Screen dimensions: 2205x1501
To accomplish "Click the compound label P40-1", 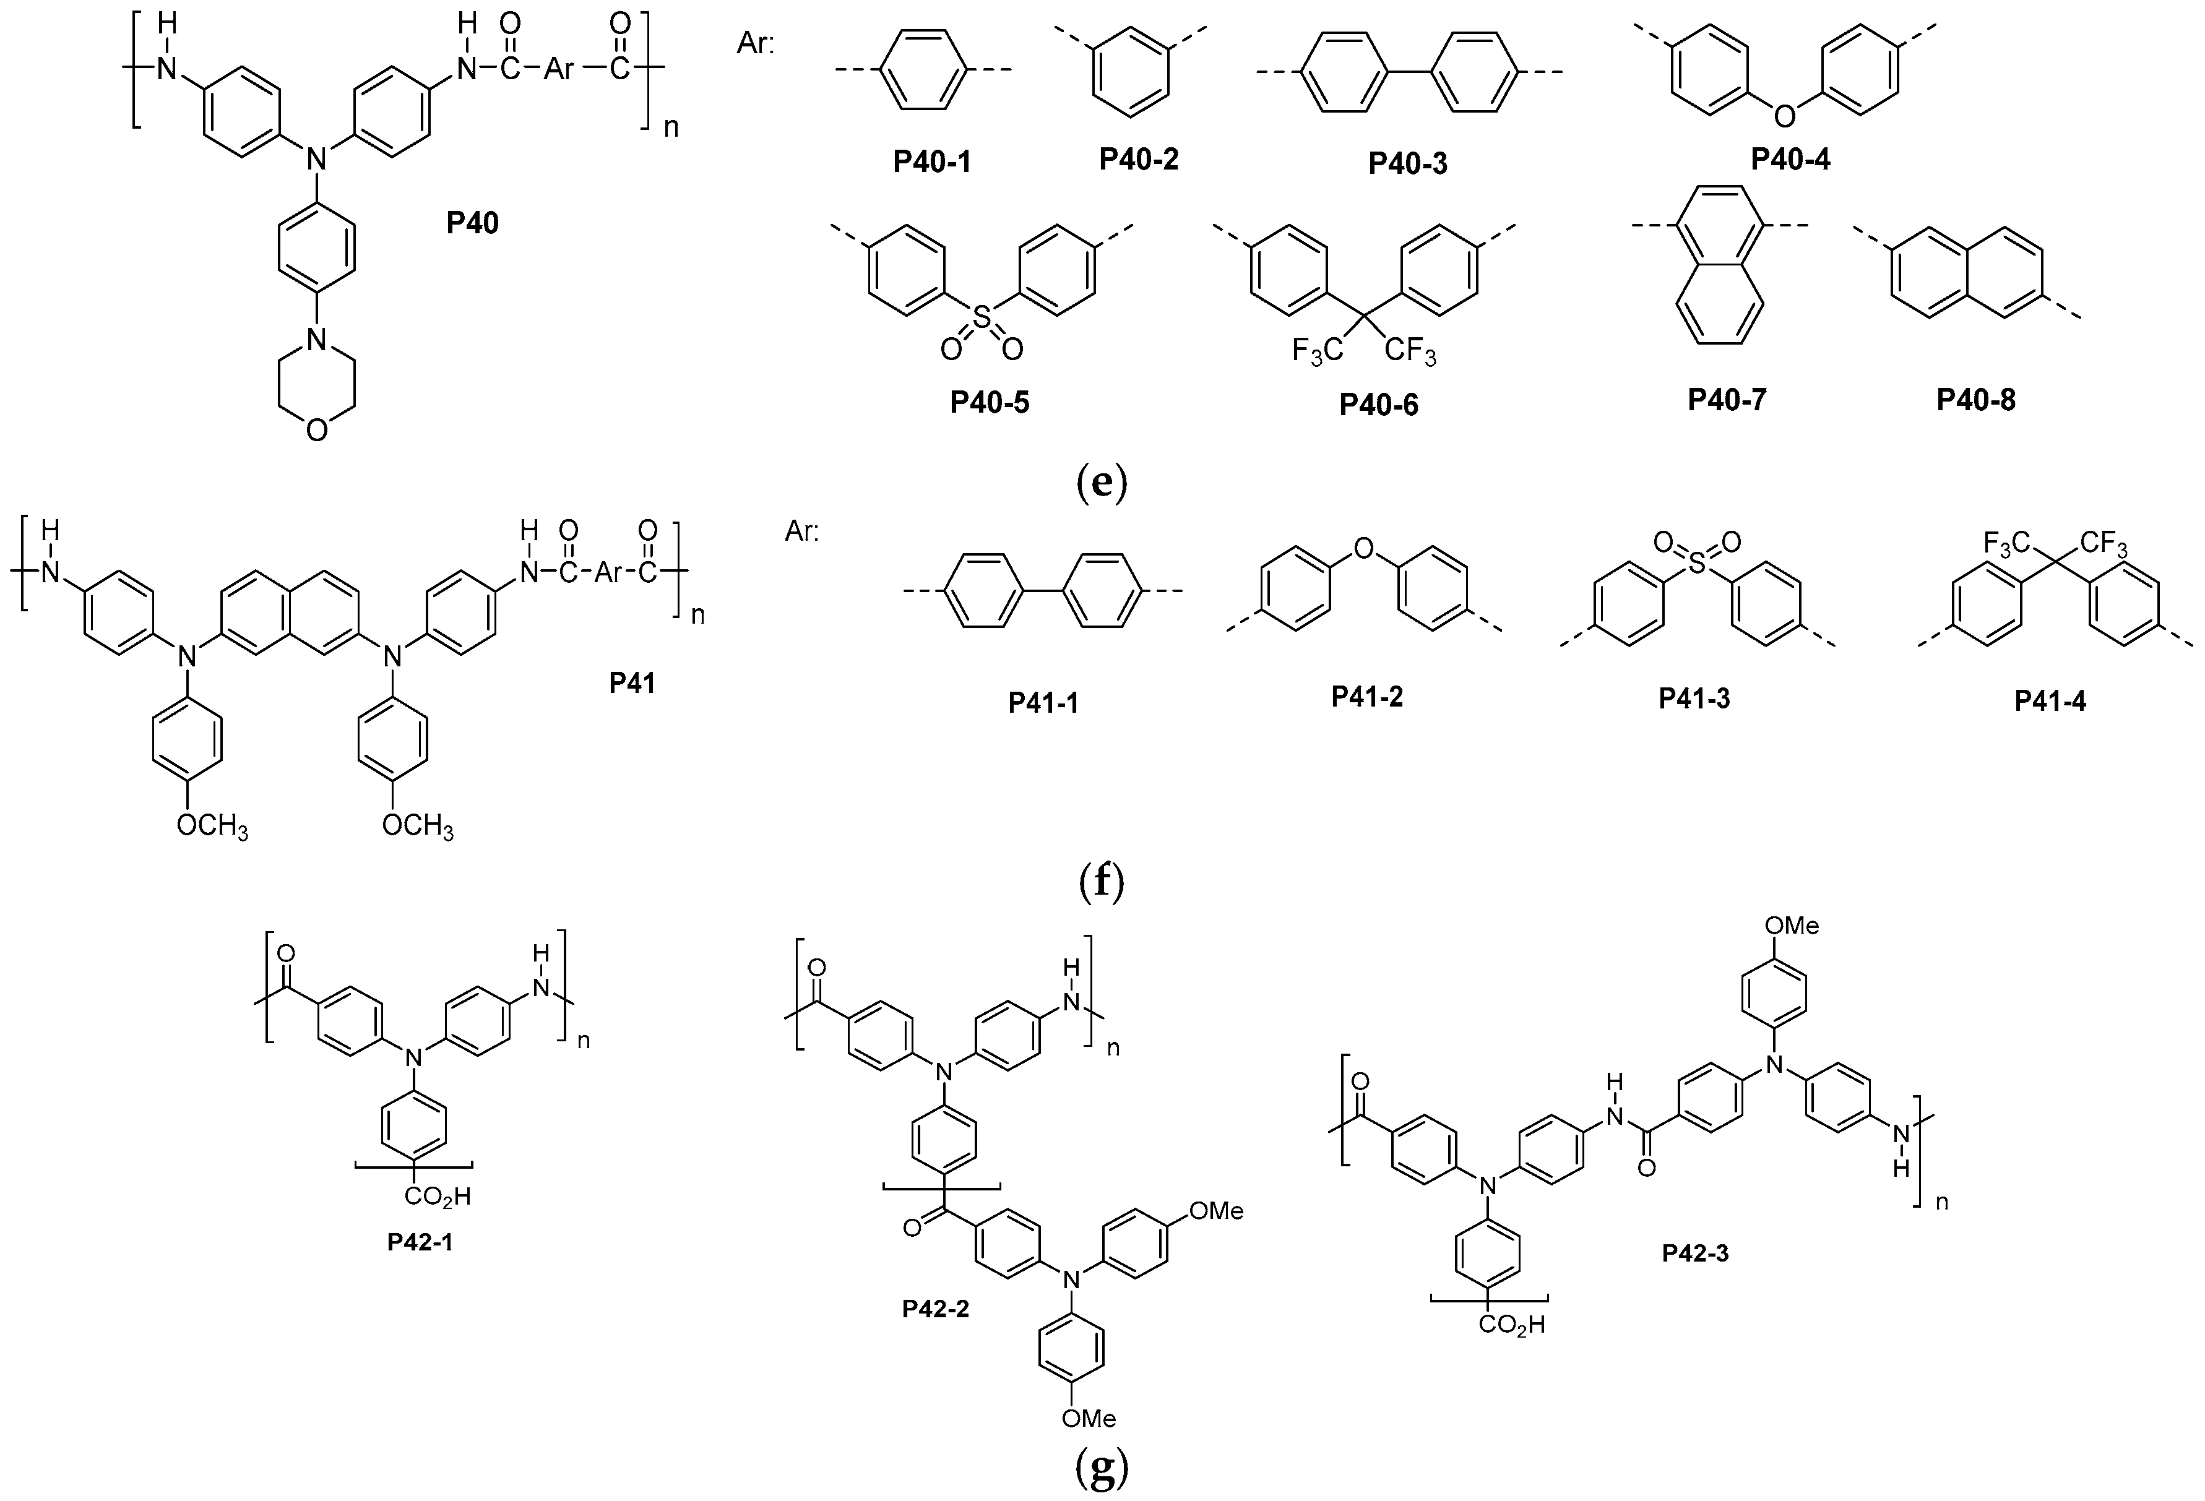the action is tap(932, 162).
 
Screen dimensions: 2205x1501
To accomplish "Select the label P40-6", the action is tap(1379, 405).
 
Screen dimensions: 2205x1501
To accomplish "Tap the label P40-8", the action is tap(1977, 400).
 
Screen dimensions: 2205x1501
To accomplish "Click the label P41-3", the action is tap(1694, 699).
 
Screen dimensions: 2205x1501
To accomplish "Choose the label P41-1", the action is tap(1043, 702).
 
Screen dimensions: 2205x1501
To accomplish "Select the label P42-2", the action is tap(936, 1309).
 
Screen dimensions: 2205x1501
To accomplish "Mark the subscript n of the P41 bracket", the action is tap(697, 615).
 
